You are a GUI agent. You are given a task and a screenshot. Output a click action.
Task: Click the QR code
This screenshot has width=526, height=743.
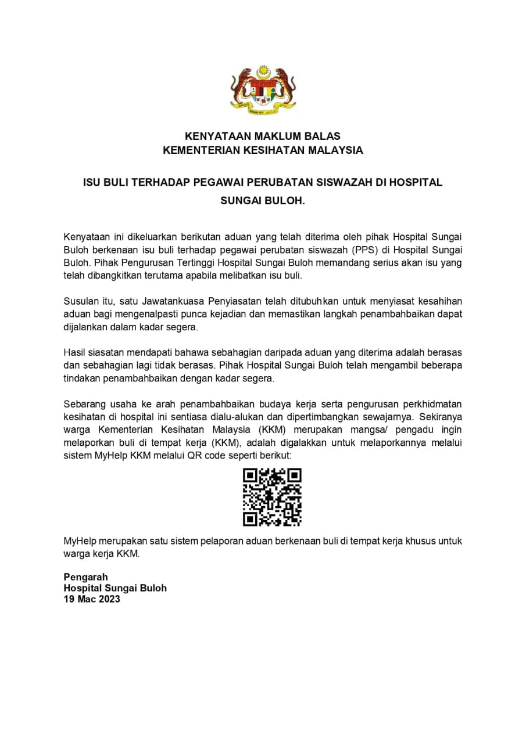point(272,497)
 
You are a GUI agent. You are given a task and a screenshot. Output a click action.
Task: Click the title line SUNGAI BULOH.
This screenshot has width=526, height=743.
point(263,202)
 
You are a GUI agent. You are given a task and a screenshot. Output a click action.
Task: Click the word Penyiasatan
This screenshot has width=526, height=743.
point(234,301)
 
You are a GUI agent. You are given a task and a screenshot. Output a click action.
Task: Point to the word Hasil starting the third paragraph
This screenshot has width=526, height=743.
point(74,354)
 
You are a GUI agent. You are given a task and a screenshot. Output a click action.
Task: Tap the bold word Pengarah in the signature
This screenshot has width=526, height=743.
point(85,577)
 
